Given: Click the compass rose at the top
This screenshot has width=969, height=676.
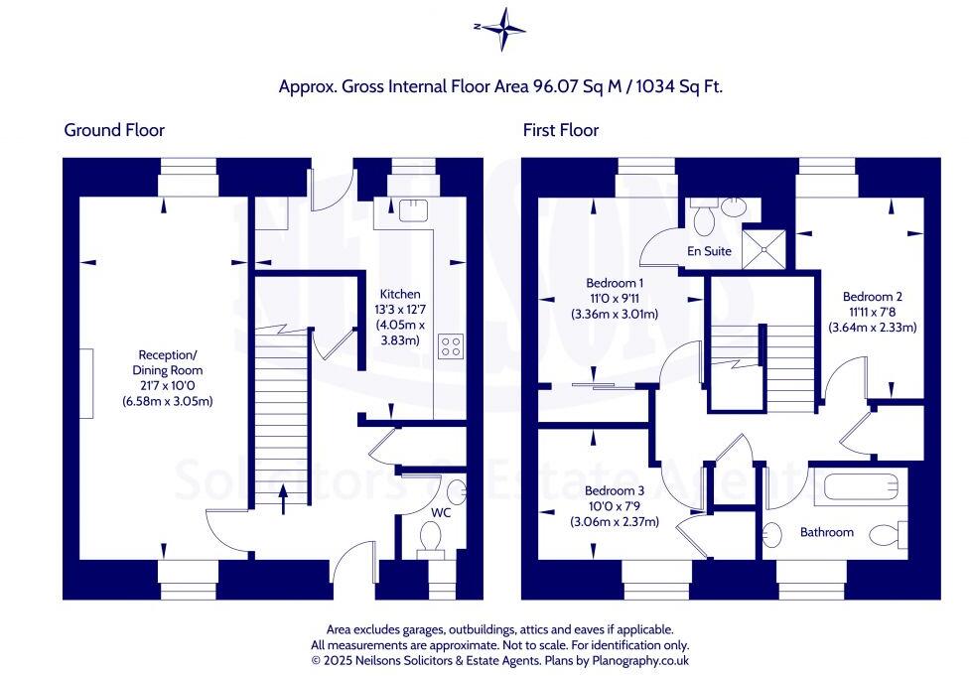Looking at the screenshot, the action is pos(501,29).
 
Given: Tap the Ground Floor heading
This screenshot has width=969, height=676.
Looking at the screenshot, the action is pos(114,130).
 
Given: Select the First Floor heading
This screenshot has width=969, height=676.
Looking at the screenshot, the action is pos(561,130).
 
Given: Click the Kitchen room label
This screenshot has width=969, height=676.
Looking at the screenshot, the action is pos(400,294).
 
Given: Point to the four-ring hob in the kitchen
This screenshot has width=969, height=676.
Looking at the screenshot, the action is pos(451,346).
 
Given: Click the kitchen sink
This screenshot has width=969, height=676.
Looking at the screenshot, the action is pos(413,210).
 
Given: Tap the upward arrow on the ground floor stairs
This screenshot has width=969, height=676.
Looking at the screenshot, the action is pos(283,499).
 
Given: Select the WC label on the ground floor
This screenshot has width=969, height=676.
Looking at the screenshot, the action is pos(441,513).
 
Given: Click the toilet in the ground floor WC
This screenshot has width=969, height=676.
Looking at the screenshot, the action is pos(430,539).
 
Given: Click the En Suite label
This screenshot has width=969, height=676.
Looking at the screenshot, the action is pos(709,251).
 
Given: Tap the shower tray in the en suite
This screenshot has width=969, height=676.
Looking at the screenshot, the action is pos(763,249).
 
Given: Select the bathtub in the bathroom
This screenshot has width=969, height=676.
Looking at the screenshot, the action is pos(860,486).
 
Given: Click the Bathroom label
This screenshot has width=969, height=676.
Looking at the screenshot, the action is pos(826,532).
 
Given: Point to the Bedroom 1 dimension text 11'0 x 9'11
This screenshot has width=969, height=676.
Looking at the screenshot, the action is pos(615,299).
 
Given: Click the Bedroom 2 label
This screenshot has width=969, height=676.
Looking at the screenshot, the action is pos(872,297).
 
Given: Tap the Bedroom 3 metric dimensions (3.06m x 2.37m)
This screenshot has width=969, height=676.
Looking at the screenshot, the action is pos(615,521).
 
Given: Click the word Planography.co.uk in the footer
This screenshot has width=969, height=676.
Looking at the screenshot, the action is pos(640,660).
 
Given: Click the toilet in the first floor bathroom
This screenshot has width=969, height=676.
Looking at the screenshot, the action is pos(889,534).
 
